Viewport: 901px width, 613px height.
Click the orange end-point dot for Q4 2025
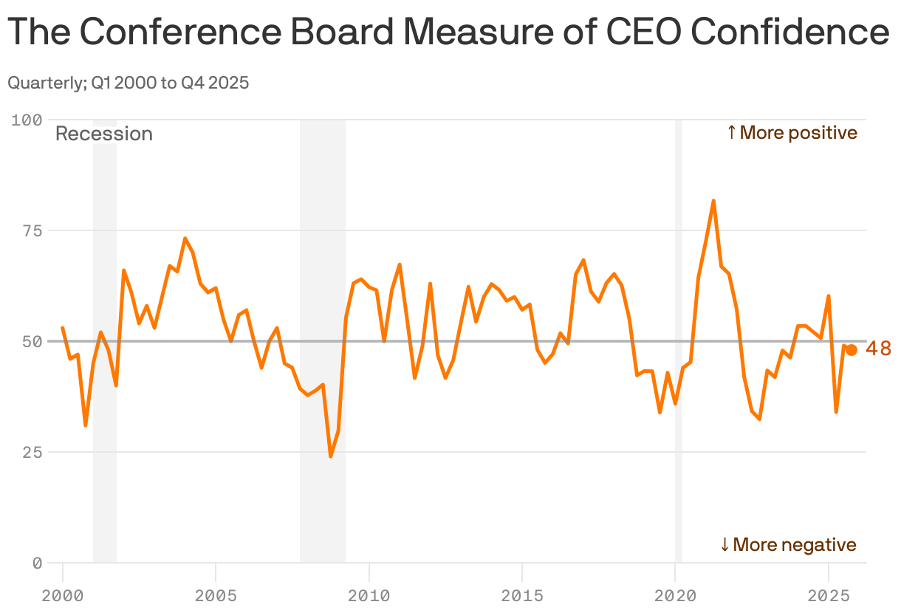point(851,350)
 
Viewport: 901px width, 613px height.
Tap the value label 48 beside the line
point(878,349)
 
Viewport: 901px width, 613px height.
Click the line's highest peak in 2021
point(713,201)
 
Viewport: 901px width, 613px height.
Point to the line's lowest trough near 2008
point(331,456)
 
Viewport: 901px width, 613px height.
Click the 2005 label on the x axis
point(216,595)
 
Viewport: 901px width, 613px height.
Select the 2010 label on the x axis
point(369,595)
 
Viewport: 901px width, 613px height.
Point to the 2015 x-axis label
point(522,595)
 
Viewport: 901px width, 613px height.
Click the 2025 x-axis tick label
point(828,595)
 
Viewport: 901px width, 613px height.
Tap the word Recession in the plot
point(104,134)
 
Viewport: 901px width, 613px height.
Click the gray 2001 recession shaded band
point(105,480)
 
